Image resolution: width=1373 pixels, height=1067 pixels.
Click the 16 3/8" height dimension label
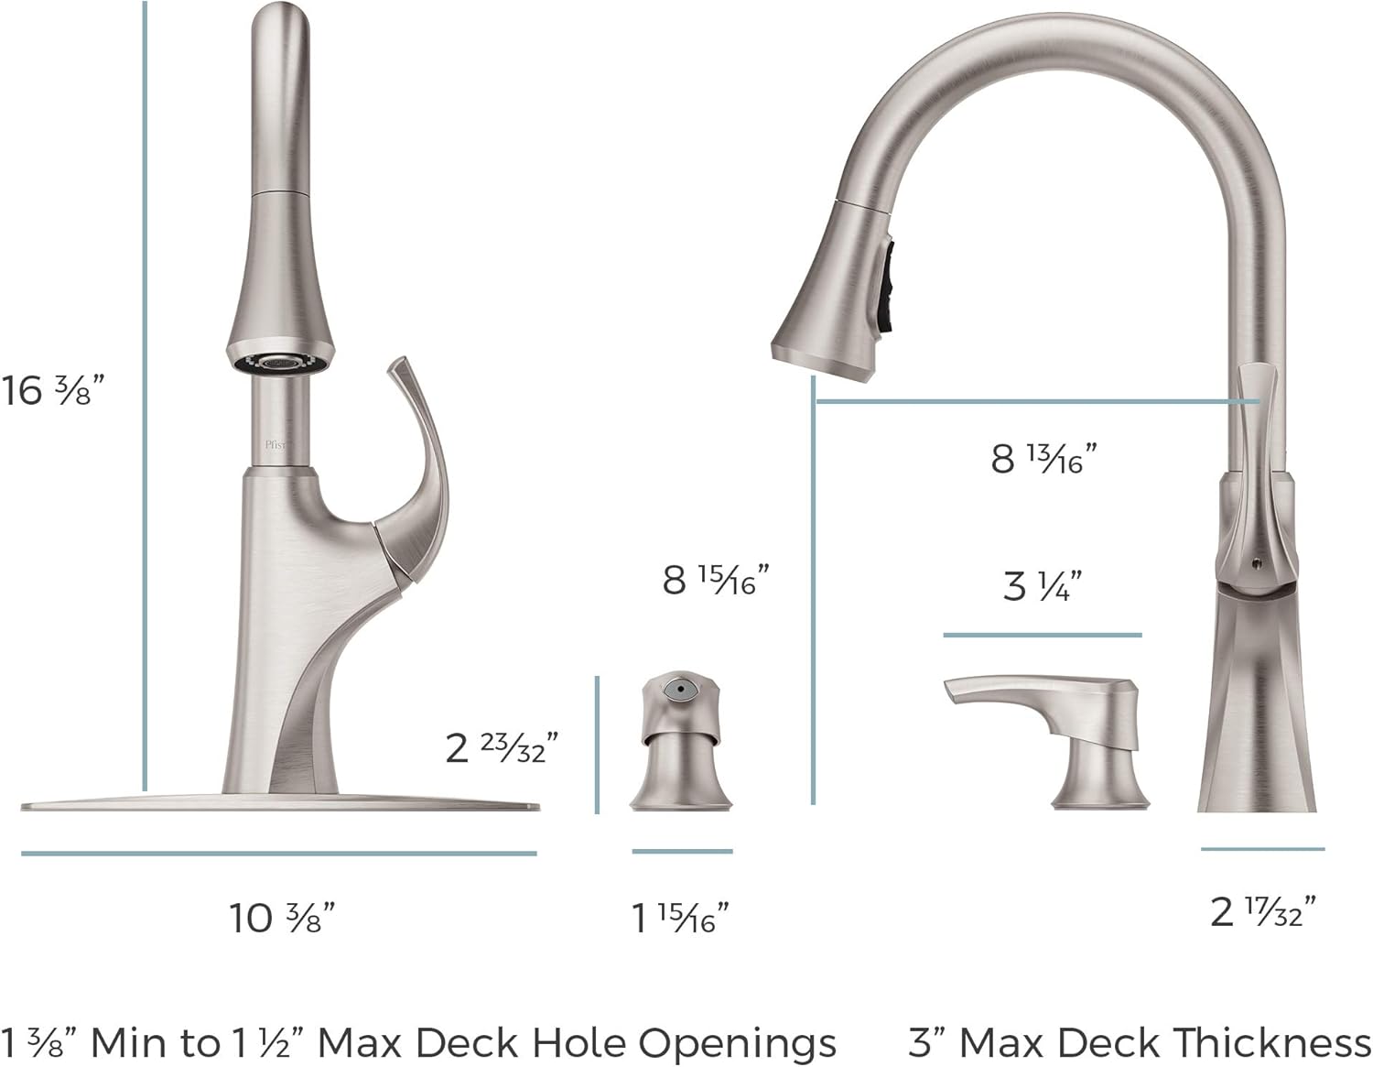click(x=52, y=389)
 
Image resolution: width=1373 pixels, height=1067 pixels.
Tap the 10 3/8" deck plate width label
click(x=282, y=918)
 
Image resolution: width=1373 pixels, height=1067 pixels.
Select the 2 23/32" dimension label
click(x=502, y=747)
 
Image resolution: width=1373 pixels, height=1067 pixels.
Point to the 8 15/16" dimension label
click(x=716, y=579)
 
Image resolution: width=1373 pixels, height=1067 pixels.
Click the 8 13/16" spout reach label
click(x=1043, y=458)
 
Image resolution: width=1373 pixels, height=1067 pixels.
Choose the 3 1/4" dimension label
click(x=1042, y=585)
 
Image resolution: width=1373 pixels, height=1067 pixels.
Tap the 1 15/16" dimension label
click(x=680, y=918)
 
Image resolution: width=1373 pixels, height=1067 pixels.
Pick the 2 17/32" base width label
click(x=1263, y=911)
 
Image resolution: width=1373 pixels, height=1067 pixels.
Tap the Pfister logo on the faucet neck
click(x=276, y=445)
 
